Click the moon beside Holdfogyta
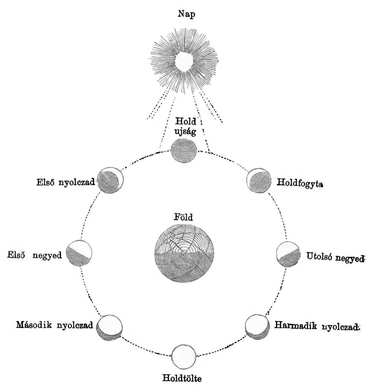pos(258,179)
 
